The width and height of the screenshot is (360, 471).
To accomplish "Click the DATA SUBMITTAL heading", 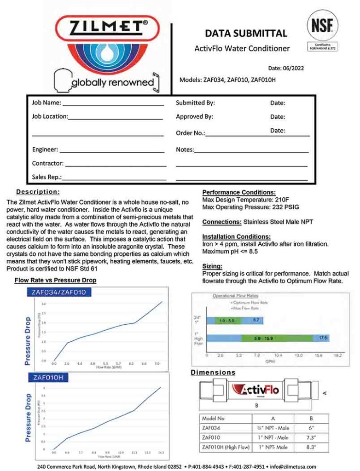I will (x=246, y=33).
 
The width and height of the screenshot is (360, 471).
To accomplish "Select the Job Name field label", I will (x=46, y=103).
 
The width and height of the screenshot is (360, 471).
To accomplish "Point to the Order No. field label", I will (x=190, y=133).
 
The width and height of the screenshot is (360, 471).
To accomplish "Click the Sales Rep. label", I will (x=46, y=177).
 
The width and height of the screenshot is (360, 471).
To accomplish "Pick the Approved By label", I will (x=194, y=117).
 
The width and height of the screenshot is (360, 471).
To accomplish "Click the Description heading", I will (x=38, y=191).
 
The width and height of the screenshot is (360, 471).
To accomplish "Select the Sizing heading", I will (x=212, y=266).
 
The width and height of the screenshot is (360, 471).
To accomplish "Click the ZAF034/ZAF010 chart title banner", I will (x=59, y=292).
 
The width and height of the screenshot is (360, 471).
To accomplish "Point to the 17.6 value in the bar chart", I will (x=323, y=338).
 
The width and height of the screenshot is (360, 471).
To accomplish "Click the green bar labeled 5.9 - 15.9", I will (x=263, y=338).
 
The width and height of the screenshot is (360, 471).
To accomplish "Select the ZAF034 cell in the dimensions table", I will (x=211, y=428).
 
